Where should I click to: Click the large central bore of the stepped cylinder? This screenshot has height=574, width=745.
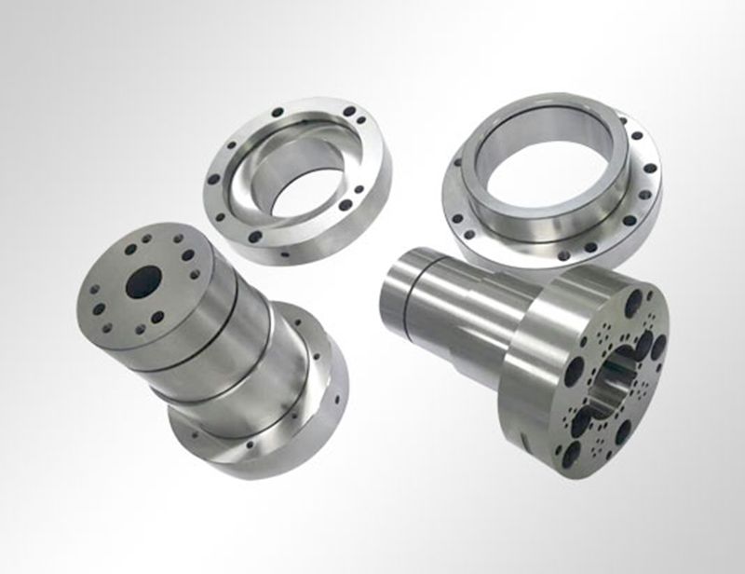(x=142, y=281)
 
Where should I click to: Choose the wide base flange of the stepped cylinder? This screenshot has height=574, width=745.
(x=279, y=438)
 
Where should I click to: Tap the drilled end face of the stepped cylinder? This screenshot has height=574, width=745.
(x=140, y=270)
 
